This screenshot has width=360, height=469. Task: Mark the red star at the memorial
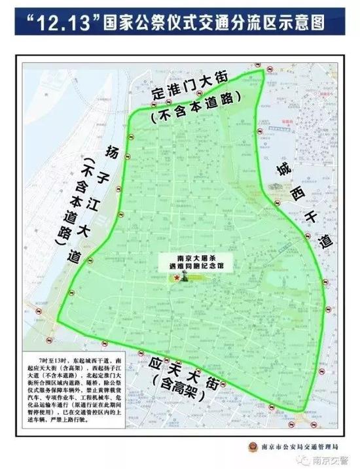(x=176, y=278)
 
